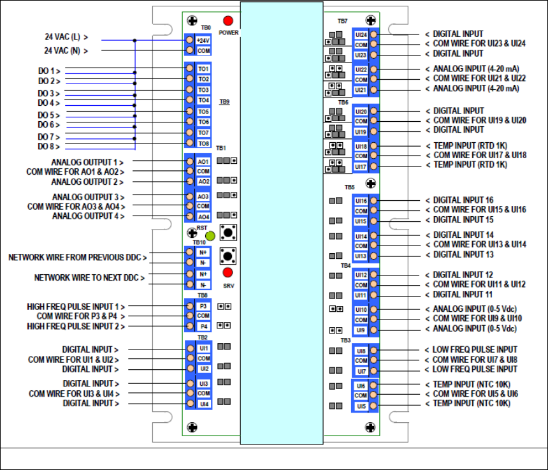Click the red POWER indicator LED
[227, 21]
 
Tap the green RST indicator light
[210, 235]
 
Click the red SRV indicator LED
[227, 272]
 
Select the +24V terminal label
[203, 40]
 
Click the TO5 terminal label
[203, 111]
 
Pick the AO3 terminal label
[203, 196]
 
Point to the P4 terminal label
[203, 327]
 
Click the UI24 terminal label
[361, 34]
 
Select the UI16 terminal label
[361, 201]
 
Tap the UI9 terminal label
[361, 330]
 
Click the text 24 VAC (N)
[66, 50]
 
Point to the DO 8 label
[49, 146]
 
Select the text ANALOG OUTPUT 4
[88, 216]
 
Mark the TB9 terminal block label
[225, 101]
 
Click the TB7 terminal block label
[342, 21]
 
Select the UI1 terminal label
[203, 349]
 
